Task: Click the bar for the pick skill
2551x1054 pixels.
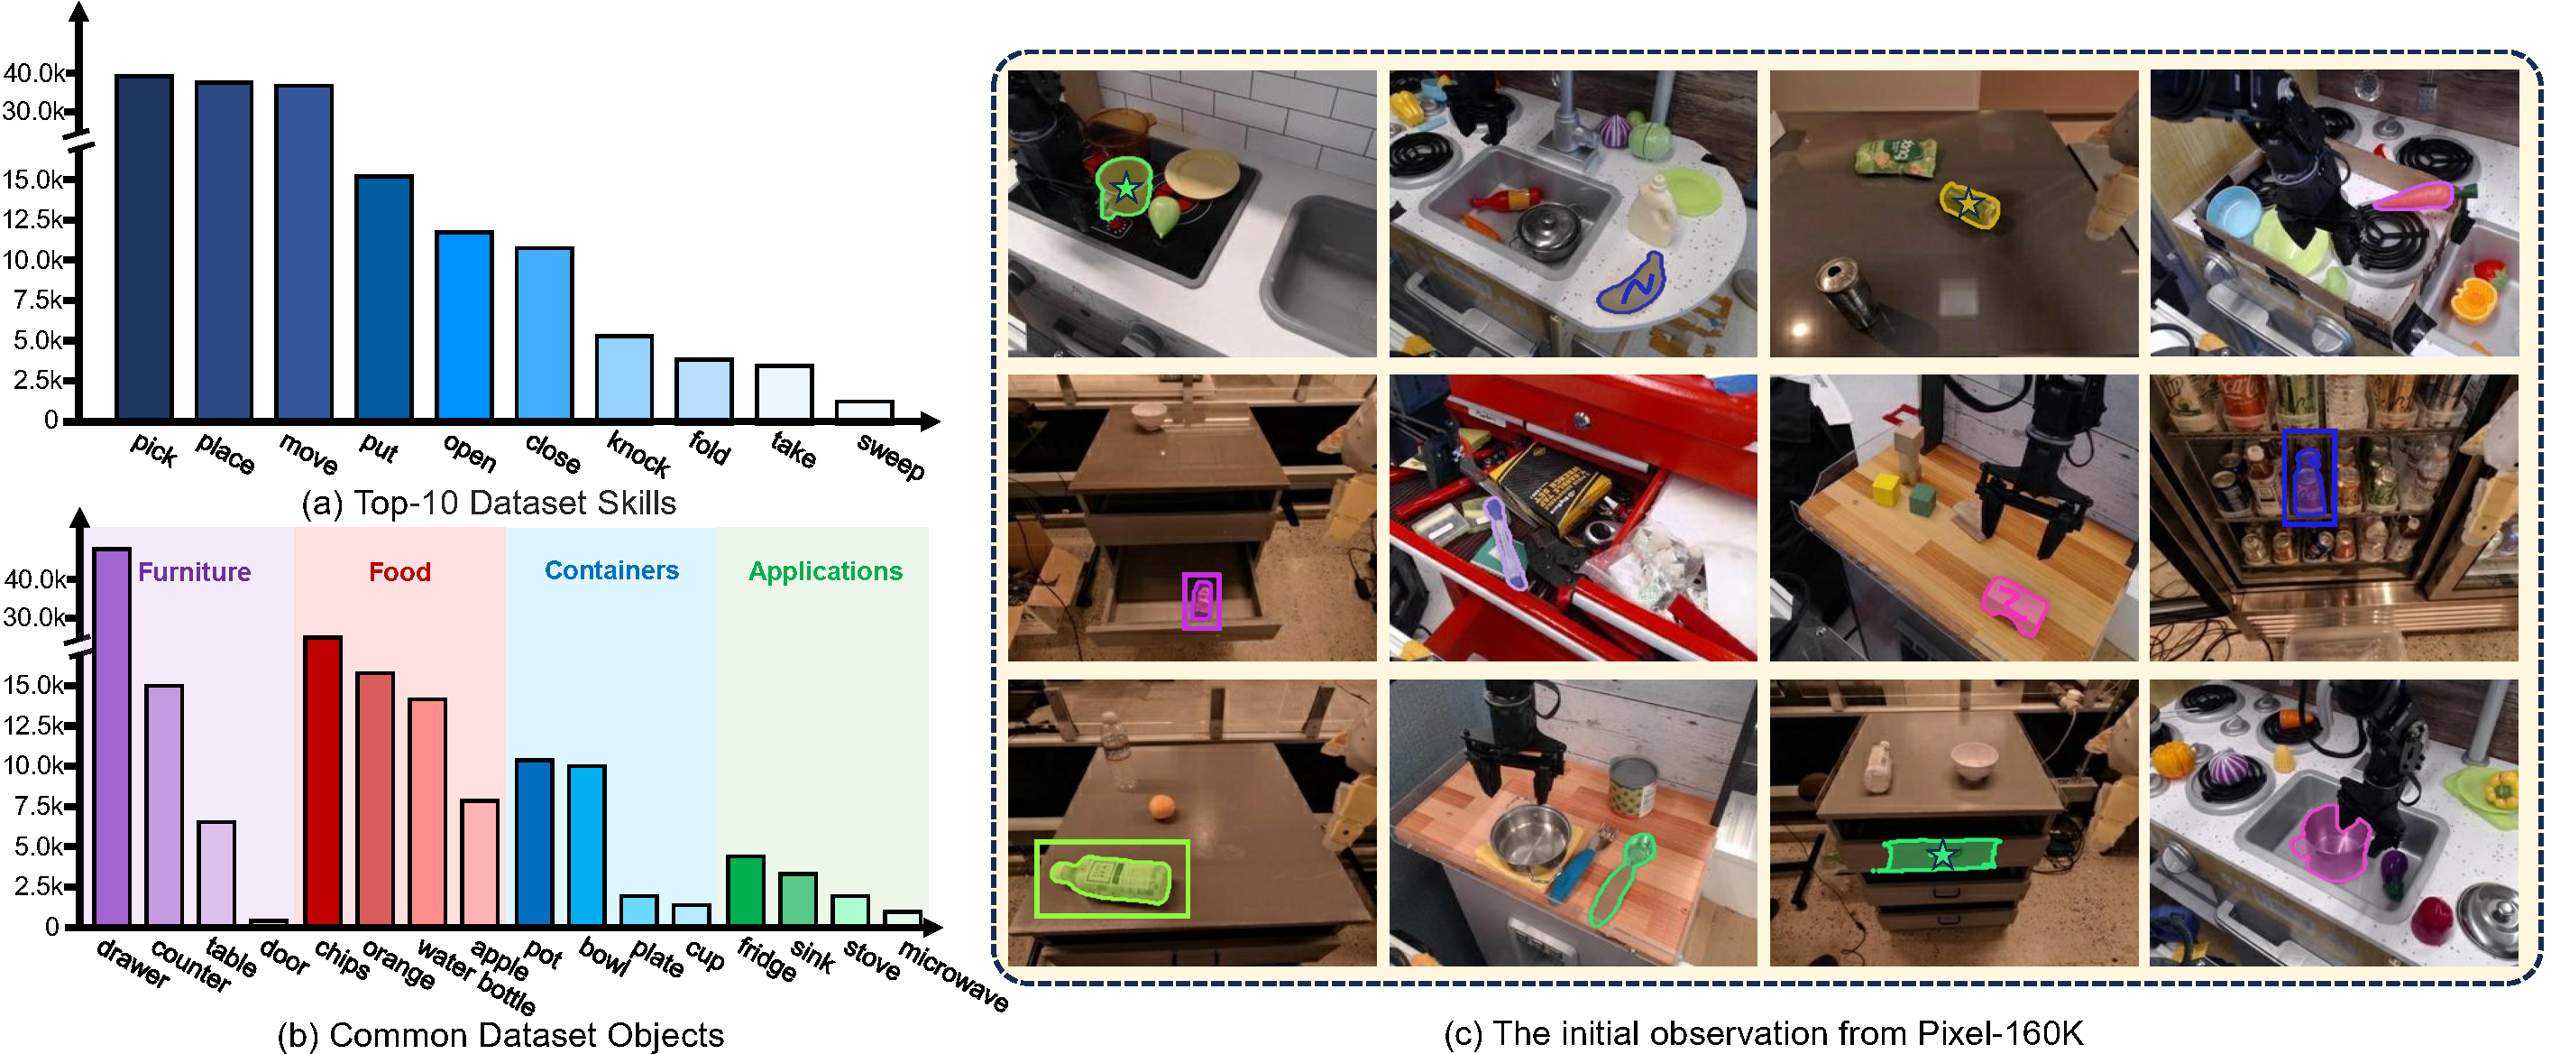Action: click(x=144, y=246)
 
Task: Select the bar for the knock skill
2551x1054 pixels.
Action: click(x=624, y=377)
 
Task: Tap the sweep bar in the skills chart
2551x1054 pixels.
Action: click(x=865, y=410)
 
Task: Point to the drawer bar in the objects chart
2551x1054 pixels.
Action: click(x=112, y=736)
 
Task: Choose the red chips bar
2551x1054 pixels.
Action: click(x=323, y=781)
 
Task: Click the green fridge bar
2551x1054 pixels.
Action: click(x=746, y=890)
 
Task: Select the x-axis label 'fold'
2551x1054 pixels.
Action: click(x=709, y=448)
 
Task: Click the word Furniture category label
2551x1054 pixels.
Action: click(x=194, y=571)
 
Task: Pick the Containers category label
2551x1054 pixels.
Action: click(x=612, y=570)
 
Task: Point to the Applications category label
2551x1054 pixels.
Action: click(x=825, y=571)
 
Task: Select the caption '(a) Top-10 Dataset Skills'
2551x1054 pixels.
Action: click(x=490, y=504)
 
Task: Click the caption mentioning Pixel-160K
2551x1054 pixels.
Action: click(x=1764, y=1033)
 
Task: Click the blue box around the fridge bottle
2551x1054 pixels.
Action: click(x=2308, y=477)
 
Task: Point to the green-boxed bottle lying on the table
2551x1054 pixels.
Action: click(x=1111, y=880)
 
